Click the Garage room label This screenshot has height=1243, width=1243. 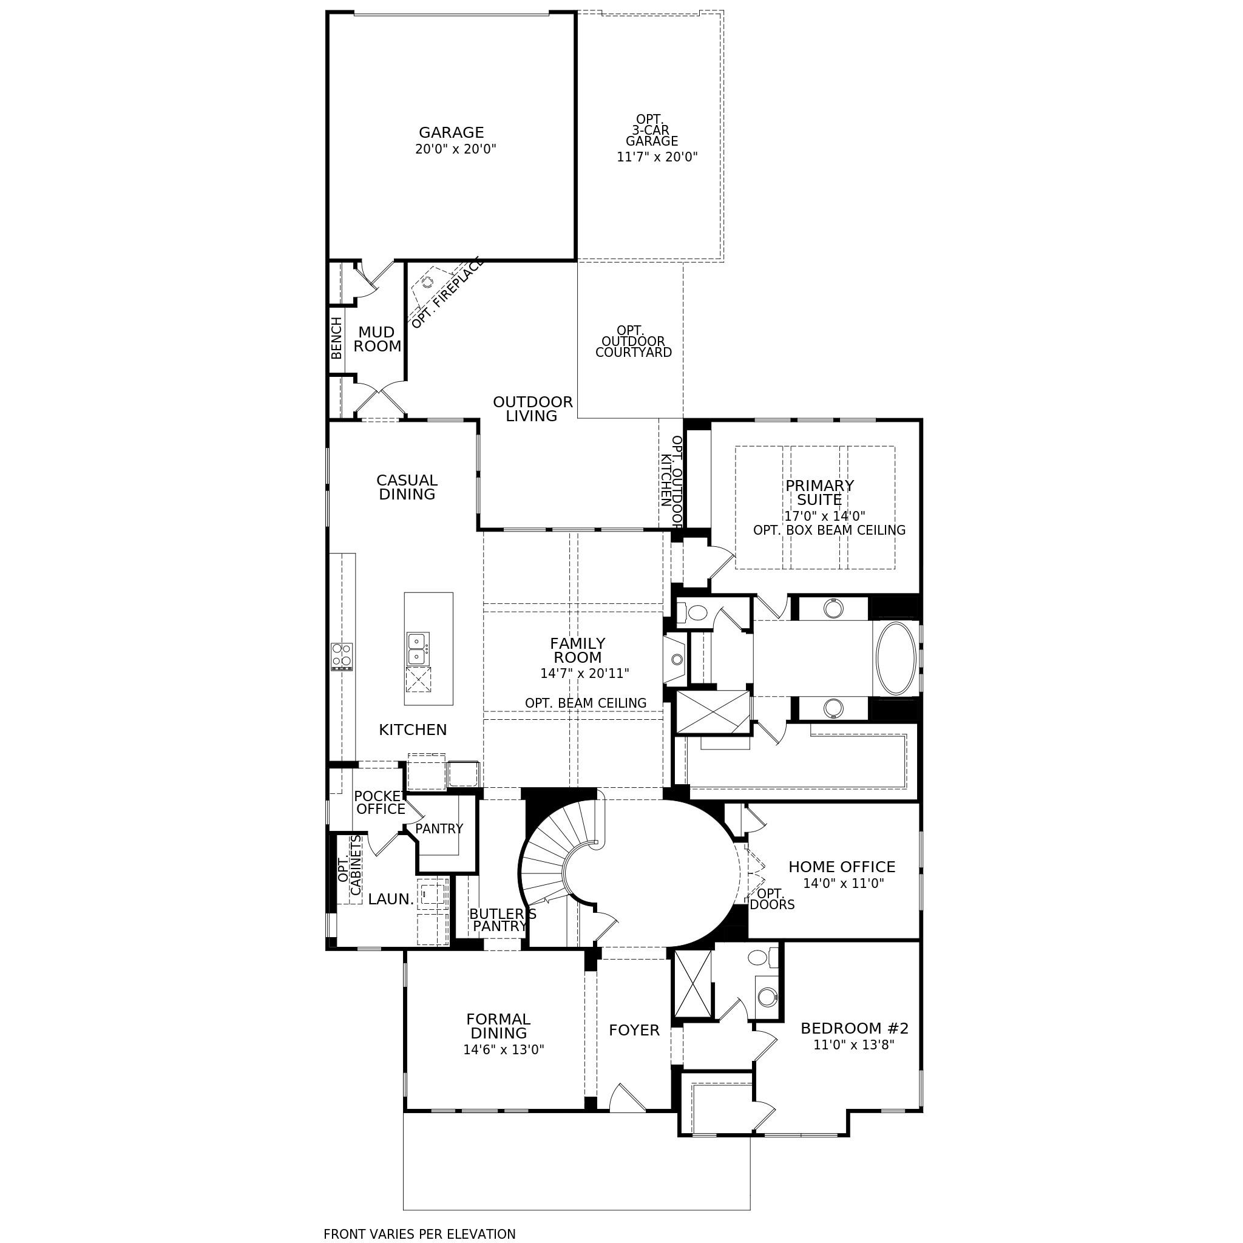pyautogui.click(x=451, y=132)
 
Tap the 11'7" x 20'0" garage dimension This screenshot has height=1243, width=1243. pyautogui.click(x=657, y=157)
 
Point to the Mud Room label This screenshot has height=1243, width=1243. pyautogui.click(x=377, y=339)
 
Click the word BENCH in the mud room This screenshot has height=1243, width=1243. pyautogui.click(x=336, y=338)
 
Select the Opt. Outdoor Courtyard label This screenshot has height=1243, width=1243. pyautogui.click(x=634, y=342)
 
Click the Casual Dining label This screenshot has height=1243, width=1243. pyautogui.click(x=407, y=487)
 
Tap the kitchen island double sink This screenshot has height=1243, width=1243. pyautogui.click(x=418, y=649)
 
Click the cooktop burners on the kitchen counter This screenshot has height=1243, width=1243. pyautogui.click(x=342, y=656)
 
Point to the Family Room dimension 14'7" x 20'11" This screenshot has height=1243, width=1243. pyautogui.click(x=584, y=674)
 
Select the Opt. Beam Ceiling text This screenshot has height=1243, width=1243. pyautogui.click(x=586, y=703)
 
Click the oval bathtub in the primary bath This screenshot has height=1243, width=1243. pyautogui.click(x=896, y=657)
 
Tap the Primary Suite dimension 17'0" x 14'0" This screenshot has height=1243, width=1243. pyautogui.click(x=824, y=516)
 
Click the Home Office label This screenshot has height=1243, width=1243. pyautogui.click(x=842, y=867)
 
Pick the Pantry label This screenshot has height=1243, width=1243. pyautogui.click(x=439, y=828)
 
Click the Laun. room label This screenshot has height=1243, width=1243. pyautogui.click(x=390, y=899)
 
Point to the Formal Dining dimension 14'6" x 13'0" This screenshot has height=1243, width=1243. pyautogui.click(x=504, y=1049)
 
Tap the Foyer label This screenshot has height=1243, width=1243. pyautogui.click(x=634, y=1030)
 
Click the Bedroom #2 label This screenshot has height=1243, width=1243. pyautogui.click(x=855, y=1028)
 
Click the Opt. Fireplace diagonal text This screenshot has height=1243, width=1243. pyautogui.click(x=447, y=293)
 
